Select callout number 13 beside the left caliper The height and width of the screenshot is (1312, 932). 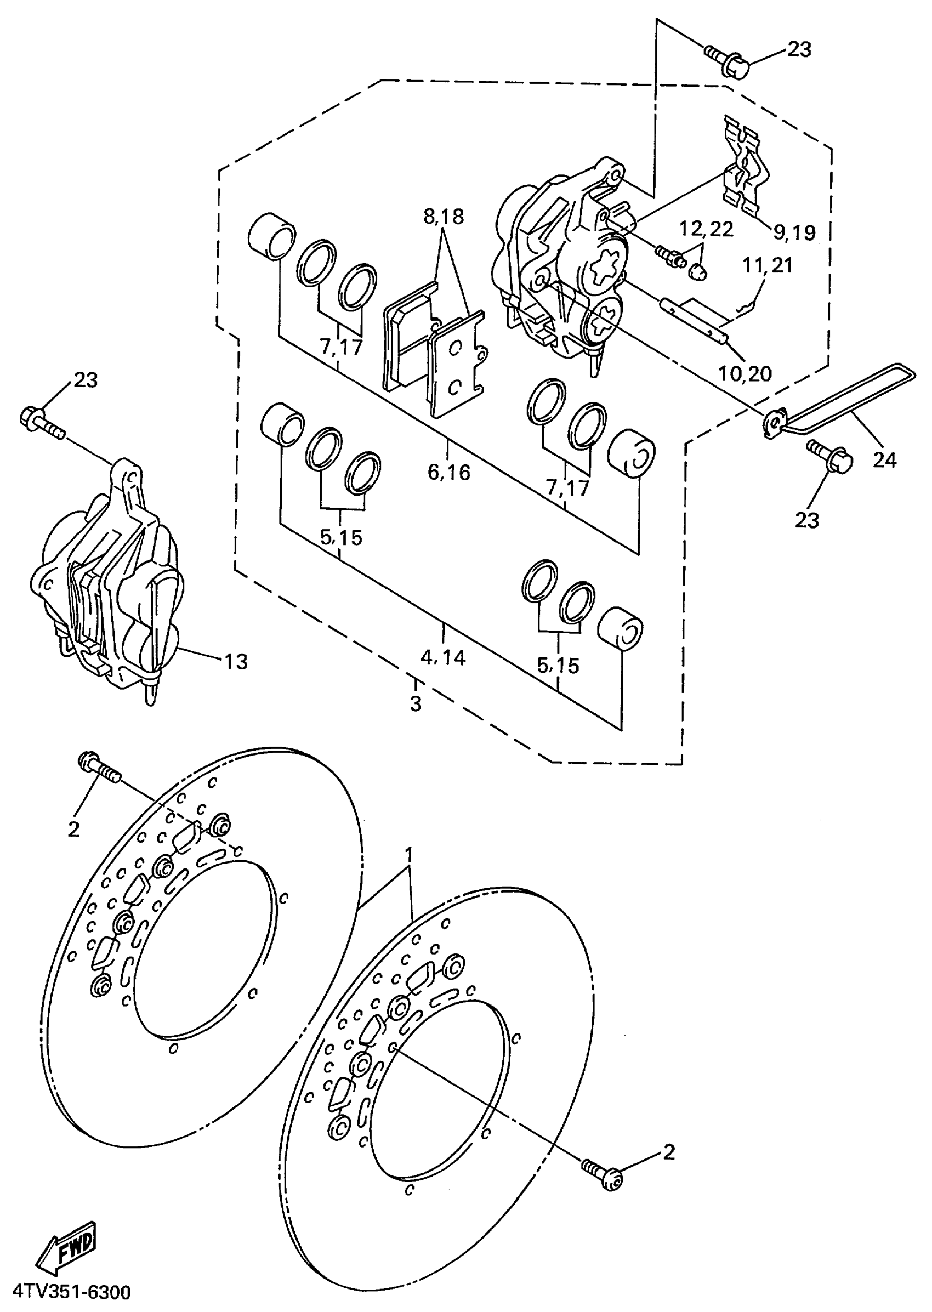(x=235, y=662)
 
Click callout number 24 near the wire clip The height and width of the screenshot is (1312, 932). (x=884, y=459)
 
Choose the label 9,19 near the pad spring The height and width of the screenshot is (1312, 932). (x=794, y=232)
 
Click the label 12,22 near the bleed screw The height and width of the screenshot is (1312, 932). (x=706, y=229)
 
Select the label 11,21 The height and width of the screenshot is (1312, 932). (x=768, y=265)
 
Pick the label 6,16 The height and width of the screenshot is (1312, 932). (x=449, y=473)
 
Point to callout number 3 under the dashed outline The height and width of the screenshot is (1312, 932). (x=416, y=703)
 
